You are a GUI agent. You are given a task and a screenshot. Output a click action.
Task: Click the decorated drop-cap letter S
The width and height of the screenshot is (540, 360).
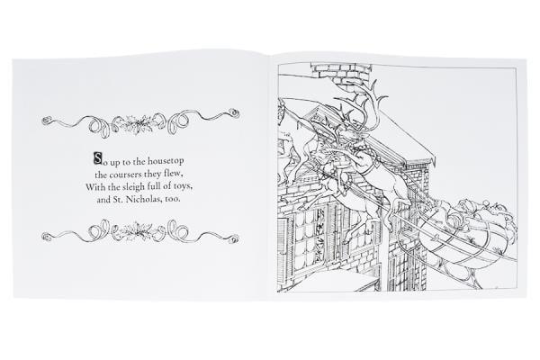click(x=98, y=158)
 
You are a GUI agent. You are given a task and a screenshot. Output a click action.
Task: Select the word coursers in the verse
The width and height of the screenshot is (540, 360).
click(x=125, y=175)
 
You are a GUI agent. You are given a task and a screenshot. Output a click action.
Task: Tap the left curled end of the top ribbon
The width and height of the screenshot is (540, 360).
click(x=46, y=121)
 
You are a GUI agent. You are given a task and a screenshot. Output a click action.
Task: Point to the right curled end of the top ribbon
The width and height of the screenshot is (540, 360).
click(x=235, y=112)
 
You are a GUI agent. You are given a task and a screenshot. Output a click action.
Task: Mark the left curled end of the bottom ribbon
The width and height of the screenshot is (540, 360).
click(x=46, y=237)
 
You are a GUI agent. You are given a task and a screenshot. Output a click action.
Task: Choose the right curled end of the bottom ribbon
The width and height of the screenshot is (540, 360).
click(x=234, y=238)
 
